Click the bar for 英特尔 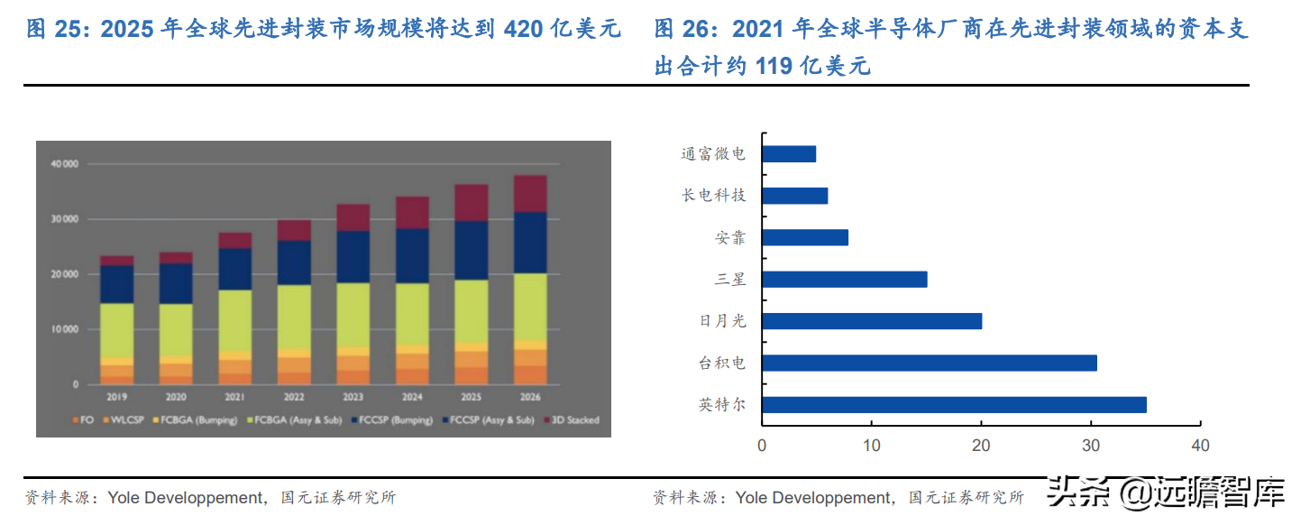tap(954, 405)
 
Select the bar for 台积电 tap(930, 363)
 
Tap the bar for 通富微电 tap(789, 153)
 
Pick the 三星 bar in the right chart tap(845, 280)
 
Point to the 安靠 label tap(729, 238)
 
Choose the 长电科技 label tap(713, 196)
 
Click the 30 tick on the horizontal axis tap(1090, 445)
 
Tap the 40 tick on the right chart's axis tap(1200, 445)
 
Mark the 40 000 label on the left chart tap(65, 164)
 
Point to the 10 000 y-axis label tap(65, 329)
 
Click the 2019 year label tap(116, 395)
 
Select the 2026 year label tap(531, 395)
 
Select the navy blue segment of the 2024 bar tap(412, 255)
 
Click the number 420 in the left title tap(523, 29)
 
